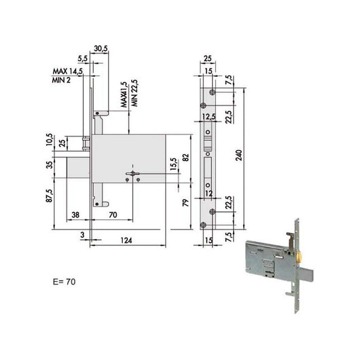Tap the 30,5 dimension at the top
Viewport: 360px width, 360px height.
pos(101,49)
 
